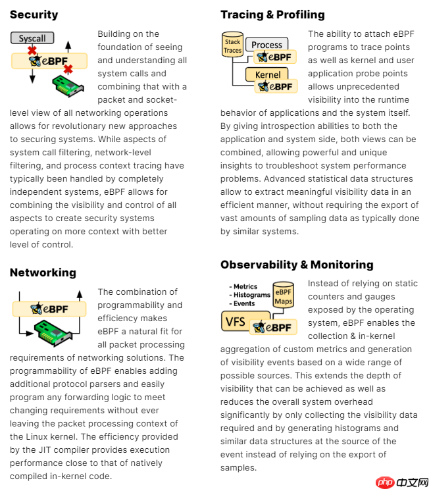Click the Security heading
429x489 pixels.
[34, 14]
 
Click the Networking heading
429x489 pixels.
[43, 272]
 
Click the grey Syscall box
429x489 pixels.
[32, 38]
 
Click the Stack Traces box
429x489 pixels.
[233, 47]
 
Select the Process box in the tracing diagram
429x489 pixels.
[266, 45]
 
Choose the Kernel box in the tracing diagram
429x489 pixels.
[268, 74]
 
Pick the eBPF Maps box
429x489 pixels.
[284, 297]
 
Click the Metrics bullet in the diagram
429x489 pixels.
[245, 287]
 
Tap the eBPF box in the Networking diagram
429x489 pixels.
[49, 308]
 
